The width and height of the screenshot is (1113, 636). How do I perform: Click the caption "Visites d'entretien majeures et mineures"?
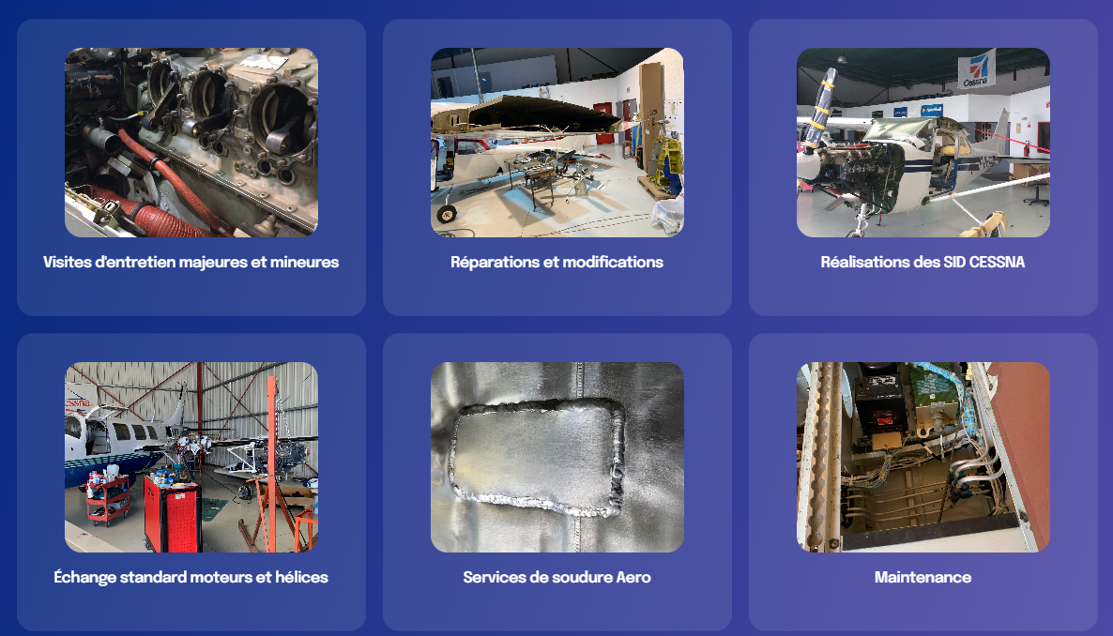[191, 262]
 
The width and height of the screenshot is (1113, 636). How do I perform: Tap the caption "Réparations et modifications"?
[557, 262]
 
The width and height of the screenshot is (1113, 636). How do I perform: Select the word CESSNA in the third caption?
[998, 262]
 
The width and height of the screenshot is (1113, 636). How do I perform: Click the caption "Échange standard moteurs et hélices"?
[191, 577]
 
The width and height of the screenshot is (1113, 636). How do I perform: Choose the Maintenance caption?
[922, 577]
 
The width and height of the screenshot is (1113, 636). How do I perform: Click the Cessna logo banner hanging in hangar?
[977, 68]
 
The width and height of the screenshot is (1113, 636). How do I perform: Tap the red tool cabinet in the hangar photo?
[172, 512]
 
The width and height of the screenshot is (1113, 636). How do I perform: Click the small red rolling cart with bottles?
[108, 498]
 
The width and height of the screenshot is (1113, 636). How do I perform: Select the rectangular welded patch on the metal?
[538, 458]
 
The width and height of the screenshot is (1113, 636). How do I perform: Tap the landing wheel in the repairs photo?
[447, 213]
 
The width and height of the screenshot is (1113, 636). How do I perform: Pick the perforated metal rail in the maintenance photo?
[820, 457]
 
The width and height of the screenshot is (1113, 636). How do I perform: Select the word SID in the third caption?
[954, 262]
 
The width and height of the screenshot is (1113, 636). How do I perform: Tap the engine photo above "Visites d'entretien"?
[191, 143]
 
